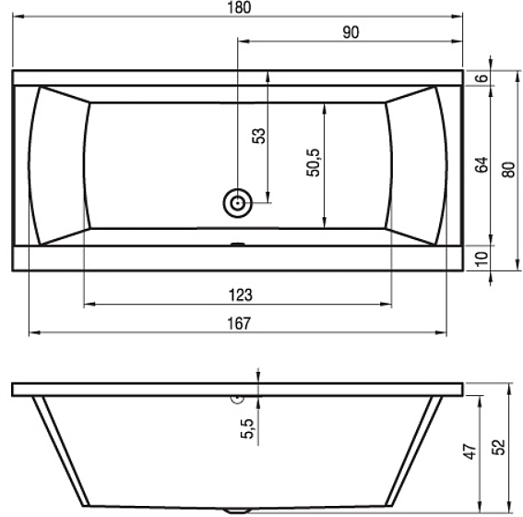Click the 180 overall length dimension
pyautogui.click(x=239, y=7)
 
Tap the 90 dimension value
pyautogui.click(x=351, y=32)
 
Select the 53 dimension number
pyautogui.click(x=259, y=136)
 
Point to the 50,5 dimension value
pyautogui.click(x=313, y=162)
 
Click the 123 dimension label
pyautogui.click(x=240, y=295)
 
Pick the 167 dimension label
pyautogui.click(x=239, y=323)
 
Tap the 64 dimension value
pyautogui.click(x=481, y=164)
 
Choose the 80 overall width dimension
pyautogui.click(x=508, y=170)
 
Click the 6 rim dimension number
pyautogui.click(x=481, y=78)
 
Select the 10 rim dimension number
pyautogui.click(x=481, y=258)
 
